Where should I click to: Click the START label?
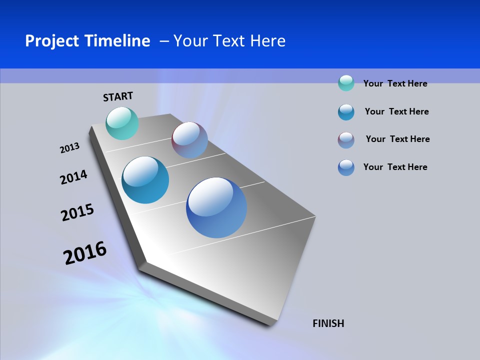click(x=118, y=96)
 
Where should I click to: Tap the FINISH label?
click(x=328, y=323)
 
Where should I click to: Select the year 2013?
click(x=69, y=148)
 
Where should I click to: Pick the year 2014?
click(x=73, y=177)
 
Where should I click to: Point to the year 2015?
click(x=77, y=212)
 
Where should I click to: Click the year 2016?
click(x=85, y=253)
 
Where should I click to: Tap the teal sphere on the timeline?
click(x=122, y=123)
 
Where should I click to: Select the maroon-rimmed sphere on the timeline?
click(x=189, y=140)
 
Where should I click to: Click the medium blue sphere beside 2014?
click(x=145, y=180)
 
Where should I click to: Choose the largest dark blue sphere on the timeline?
click(x=216, y=207)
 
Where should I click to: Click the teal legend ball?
click(x=346, y=83)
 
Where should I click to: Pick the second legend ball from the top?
click(x=346, y=112)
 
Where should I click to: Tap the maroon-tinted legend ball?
click(x=346, y=140)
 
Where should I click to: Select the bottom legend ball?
click(x=346, y=167)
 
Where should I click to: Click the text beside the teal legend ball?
click(x=395, y=83)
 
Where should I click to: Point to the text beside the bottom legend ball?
click(x=395, y=167)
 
